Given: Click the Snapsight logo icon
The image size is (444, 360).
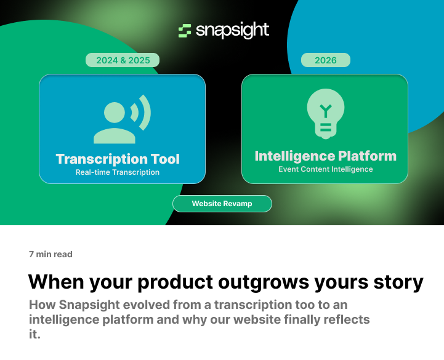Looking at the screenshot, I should (185, 31).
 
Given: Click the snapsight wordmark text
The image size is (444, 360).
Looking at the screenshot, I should (232, 31).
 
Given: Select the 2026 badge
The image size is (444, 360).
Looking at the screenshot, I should (326, 60).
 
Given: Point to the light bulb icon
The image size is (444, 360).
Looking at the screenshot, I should (325, 114).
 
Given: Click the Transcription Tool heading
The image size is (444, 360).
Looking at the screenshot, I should (118, 159).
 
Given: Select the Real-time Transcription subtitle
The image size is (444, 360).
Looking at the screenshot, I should (118, 172).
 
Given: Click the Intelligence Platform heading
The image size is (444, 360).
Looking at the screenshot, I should (325, 156).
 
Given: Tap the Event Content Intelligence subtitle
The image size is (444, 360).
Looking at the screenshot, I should (325, 169).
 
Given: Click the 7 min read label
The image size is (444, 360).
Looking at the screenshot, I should (50, 254).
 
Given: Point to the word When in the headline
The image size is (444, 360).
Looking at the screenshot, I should (57, 282).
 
